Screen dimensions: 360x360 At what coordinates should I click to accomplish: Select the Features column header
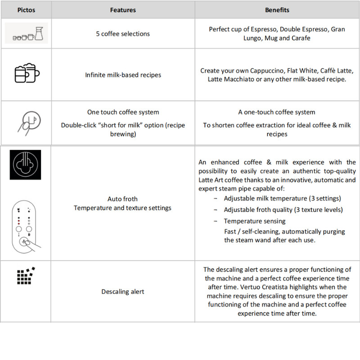point(123,9)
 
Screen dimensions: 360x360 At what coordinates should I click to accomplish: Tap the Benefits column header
point(277,9)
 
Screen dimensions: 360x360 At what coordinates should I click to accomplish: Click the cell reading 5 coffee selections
point(123,34)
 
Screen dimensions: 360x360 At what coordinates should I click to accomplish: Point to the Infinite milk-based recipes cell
point(123,75)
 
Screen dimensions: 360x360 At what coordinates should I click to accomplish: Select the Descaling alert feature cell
point(123,292)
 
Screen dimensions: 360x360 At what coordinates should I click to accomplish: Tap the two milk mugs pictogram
point(26,73)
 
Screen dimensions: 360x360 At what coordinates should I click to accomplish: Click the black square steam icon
point(25,165)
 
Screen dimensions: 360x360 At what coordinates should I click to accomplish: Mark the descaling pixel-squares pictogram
point(26,275)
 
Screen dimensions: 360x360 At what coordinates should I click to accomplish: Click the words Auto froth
point(123,199)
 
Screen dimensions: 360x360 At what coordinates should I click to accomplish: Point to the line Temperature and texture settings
point(123,208)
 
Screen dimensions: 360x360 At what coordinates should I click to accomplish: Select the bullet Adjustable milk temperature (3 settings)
point(282,198)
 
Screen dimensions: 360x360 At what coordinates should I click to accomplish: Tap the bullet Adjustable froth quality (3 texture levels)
point(283,210)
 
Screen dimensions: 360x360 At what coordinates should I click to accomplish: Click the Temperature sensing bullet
point(255,221)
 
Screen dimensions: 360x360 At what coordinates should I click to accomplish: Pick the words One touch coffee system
point(123,112)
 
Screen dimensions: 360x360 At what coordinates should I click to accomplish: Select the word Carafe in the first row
point(300,38)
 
